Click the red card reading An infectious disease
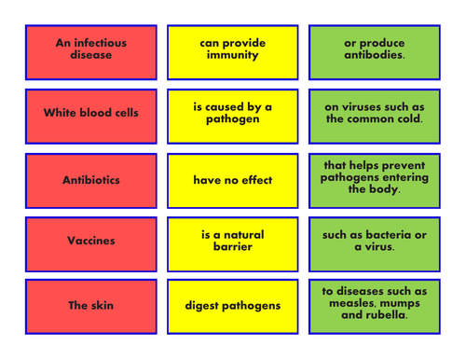coord(90,50)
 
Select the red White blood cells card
coord(90,115)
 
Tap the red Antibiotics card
coord(90,180)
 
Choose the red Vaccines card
coord(90,242)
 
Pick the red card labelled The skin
coord(90,306)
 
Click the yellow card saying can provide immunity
coord(232,50)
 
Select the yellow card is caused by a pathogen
coord(232,115)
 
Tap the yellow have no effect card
coord(232,180)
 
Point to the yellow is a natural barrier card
coord(232,242)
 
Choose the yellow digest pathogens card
coord(232,306)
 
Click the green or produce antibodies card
coord(374,50)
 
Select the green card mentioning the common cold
coord(374,115)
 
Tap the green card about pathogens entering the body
coord(374,180)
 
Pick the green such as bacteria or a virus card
coord(374,242)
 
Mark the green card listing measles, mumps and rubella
coord(374,306)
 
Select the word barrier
coord(232,248)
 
